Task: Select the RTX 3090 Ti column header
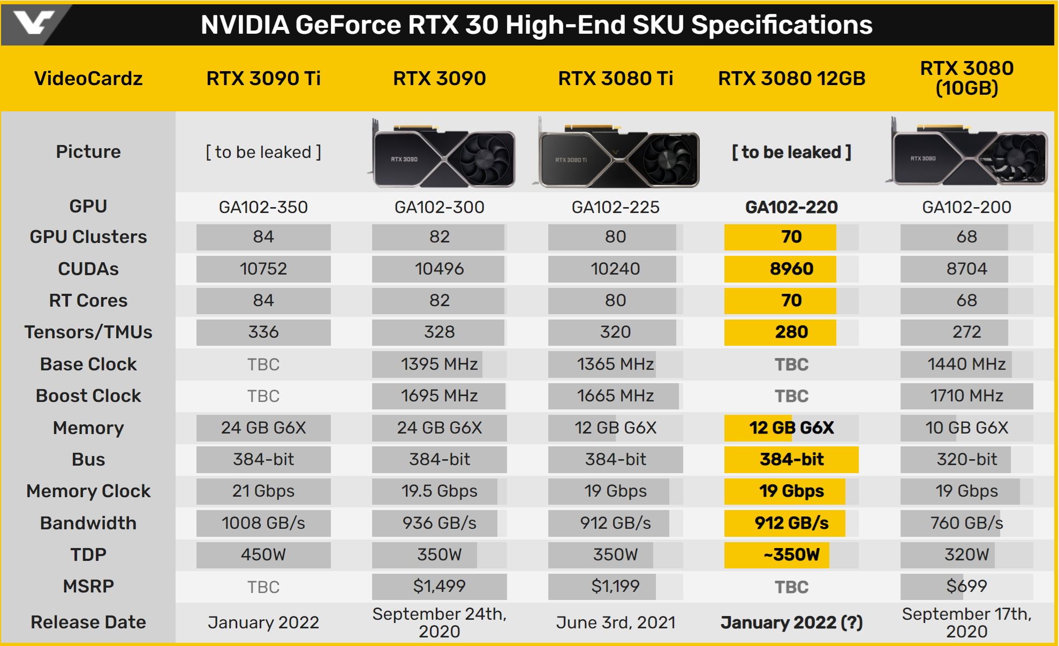263,79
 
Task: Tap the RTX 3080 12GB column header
791,79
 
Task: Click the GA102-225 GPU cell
615,207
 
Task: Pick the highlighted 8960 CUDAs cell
791,269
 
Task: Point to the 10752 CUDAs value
263,269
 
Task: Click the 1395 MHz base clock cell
439,364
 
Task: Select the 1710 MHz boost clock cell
966,396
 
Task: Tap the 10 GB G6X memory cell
966,428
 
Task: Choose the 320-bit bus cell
966,459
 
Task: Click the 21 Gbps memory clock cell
263,491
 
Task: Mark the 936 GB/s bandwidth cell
439,523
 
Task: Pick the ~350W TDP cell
791,554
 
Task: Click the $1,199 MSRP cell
615,587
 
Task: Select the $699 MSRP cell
966,587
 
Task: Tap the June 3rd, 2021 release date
615,622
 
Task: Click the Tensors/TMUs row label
88,332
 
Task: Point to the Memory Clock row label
88,491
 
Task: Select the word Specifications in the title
782,25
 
